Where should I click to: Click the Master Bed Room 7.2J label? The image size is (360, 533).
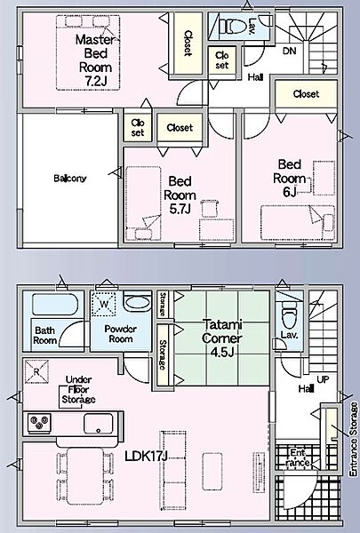(95, 60)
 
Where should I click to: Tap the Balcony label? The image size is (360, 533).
(70, 179)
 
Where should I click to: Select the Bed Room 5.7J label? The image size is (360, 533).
(180, 195)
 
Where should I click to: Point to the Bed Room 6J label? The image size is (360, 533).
(289, 179)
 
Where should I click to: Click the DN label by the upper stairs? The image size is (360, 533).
(289, 51)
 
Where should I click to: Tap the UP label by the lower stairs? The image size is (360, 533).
(323, 379)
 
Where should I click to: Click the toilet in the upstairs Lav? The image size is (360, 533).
(232, 26)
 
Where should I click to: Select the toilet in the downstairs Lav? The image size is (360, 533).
(290, 315)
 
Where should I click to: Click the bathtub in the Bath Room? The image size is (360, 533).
(54, 305)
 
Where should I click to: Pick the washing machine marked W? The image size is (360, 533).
(104, 304)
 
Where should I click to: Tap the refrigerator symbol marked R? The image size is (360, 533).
(36, 371)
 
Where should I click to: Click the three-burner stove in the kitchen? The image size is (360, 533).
(39, 423)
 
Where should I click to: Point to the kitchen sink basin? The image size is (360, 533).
(99, 424)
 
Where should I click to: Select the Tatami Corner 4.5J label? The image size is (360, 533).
(221, 338)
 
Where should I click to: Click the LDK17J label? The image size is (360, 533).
(147, 456)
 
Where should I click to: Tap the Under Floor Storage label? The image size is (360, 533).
(78, 390)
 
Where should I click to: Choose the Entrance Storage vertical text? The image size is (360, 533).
(354, 439)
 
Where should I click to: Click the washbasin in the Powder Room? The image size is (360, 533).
(138, 302)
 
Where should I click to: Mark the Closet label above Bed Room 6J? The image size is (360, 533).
(306, 94)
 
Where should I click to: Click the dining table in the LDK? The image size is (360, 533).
(85, 475)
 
